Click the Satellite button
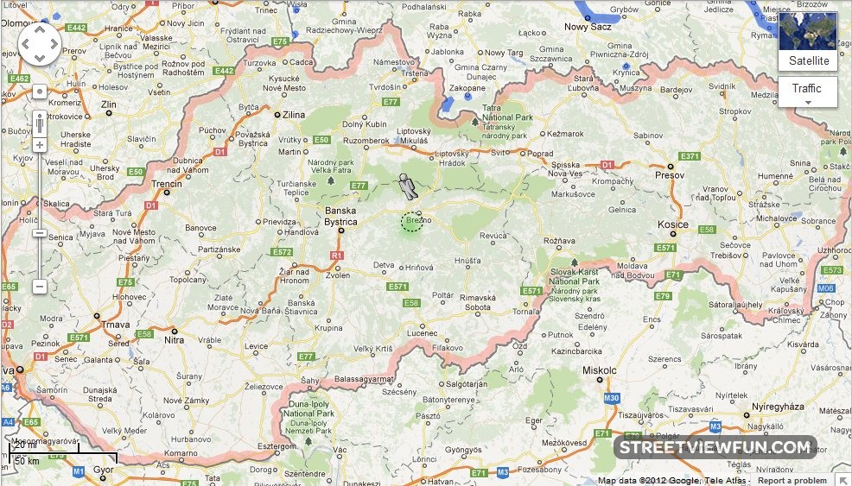point(808,61)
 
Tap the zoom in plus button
point(40,145)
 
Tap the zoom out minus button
point(40,286)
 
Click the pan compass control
point(40,45)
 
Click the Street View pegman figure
point(406,186)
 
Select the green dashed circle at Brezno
point(412,222)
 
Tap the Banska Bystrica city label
point(340,216)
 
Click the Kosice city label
point(674,224)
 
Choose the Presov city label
point(669,175)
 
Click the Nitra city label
point(175,340)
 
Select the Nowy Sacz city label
point(588,27)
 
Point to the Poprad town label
point(540,154)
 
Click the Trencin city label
point(166,184)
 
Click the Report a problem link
point(792,481)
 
